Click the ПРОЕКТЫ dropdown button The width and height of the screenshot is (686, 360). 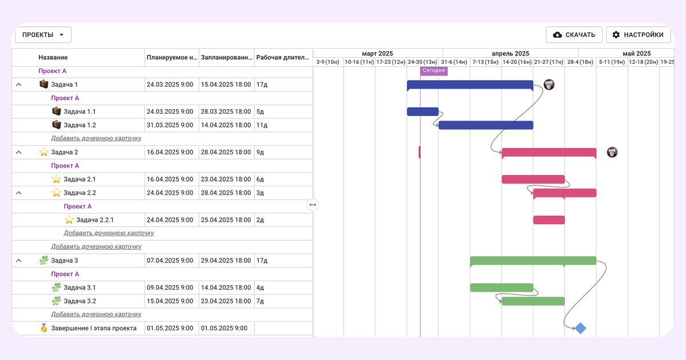[43, 35]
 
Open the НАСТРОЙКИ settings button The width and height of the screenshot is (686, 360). [638, 35]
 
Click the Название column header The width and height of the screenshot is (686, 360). [53, 57]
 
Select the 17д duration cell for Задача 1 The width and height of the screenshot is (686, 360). [262, 85]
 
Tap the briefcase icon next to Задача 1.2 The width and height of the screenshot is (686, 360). [57, 125]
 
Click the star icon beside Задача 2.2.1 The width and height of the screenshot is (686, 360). [69, 219]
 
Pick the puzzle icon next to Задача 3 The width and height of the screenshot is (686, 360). [44, 260]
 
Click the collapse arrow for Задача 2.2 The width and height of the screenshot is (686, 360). [19, 193]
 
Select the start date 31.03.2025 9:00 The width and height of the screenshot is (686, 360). [170, 125]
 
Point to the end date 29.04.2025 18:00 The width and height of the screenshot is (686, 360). [226, 261]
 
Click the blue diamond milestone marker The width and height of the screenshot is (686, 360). [580, 328]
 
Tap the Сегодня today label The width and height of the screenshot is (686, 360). [434, 70]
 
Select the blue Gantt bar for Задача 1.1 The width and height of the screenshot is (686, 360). [422, 111]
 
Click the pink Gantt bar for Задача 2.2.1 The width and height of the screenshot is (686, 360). [549, 220]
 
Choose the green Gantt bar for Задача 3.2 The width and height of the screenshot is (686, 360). [533, 301]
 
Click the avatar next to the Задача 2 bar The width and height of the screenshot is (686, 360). [612, 152]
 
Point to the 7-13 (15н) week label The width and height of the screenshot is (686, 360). [485, 62]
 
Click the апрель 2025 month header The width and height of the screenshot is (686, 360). [510, 54]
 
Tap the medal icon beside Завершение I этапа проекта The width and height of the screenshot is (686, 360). [44, 328]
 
